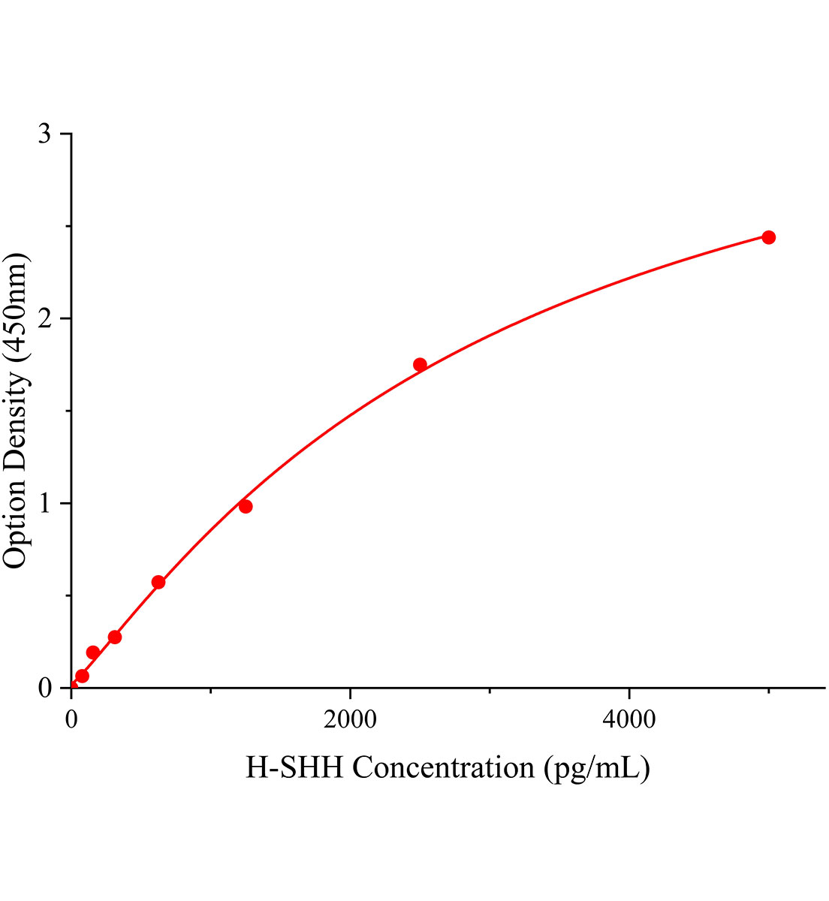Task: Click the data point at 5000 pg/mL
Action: click(768, 237)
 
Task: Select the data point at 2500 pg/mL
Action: click(420, 365)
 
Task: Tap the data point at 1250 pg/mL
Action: click(246, 506)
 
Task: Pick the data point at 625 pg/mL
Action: click(158, 582)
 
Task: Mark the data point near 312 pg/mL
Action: click(115, 637)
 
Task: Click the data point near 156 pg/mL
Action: click(93, 652)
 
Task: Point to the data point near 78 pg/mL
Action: click(83, 676)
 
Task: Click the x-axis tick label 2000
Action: click(350, 719)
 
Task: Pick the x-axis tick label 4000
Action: click(629, 719)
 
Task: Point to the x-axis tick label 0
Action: click(71, 719)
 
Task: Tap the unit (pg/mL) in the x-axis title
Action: click(597, 768)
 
